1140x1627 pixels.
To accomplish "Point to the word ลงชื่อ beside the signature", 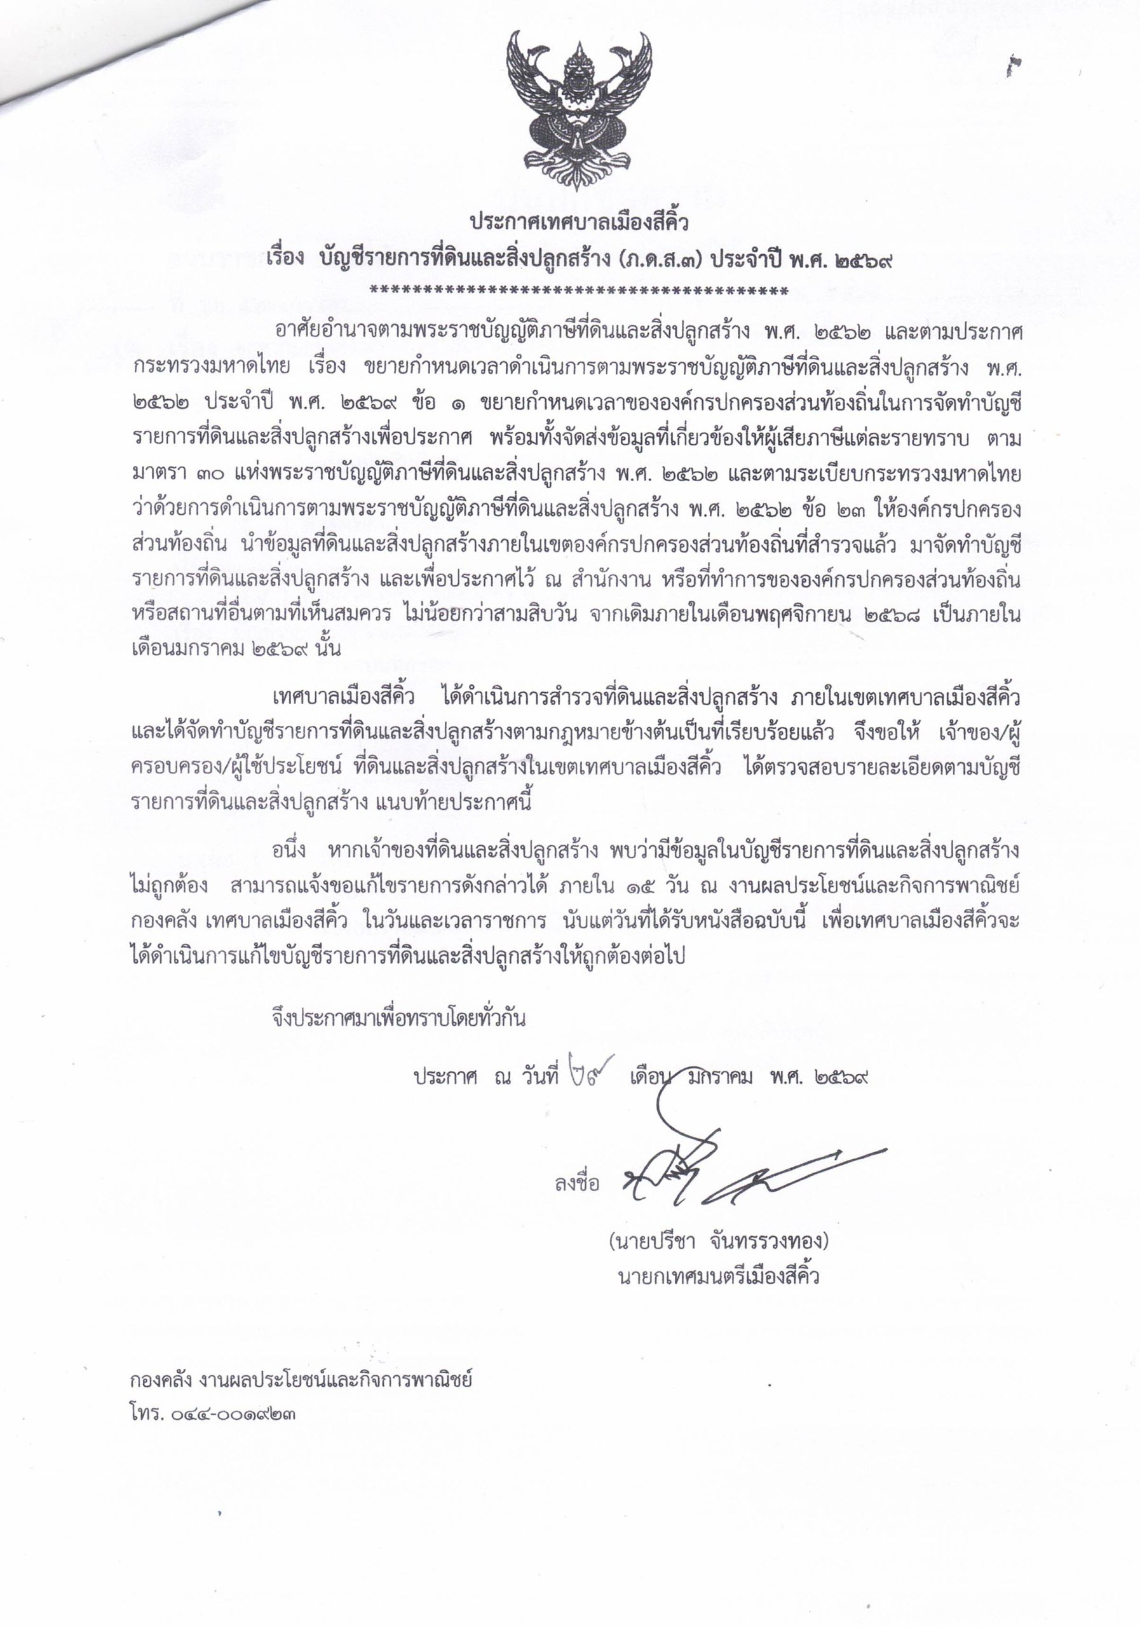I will click(578, 1183).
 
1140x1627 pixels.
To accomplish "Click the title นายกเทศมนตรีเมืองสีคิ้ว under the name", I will click(719, 1277).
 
